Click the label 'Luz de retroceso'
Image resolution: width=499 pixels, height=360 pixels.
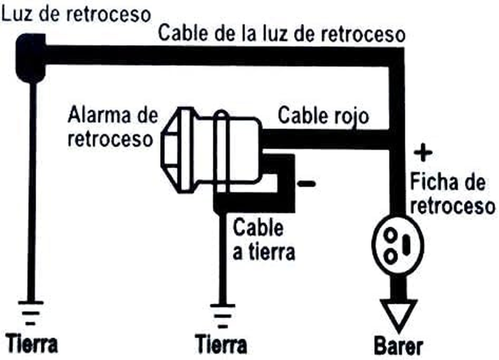[76, 14]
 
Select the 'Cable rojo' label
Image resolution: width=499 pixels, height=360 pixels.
[323, 116]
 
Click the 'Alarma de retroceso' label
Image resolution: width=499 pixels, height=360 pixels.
[112, 127]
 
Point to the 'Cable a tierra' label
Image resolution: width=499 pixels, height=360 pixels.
[264, 240]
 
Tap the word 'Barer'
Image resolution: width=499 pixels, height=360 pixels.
[399, 346]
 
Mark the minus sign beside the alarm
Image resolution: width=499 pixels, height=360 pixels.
[306, 183]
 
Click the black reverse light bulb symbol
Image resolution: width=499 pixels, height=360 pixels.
[31, 58]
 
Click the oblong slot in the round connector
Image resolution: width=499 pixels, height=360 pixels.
[407, 245]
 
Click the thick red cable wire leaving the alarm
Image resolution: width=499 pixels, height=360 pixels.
[324, 139]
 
